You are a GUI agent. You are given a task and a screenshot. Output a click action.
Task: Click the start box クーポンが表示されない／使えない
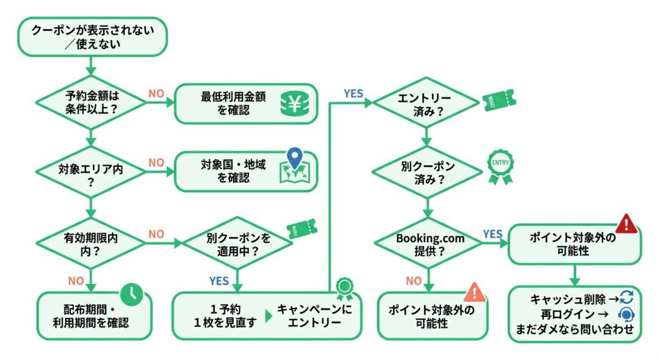pyautogui.click(x=93, y=37)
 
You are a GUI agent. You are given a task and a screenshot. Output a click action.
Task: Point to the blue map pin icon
pyautogui.click(x=293, y=158)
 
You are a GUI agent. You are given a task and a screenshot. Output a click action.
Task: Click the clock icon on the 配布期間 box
pyautogui.click(x=132, y=293)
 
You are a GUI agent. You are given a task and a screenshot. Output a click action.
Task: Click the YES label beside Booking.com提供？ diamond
pyautogui.click(x=492, y=234)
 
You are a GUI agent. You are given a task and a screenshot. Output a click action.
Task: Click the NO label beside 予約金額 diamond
pyautogui.click(x=156, y=93)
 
